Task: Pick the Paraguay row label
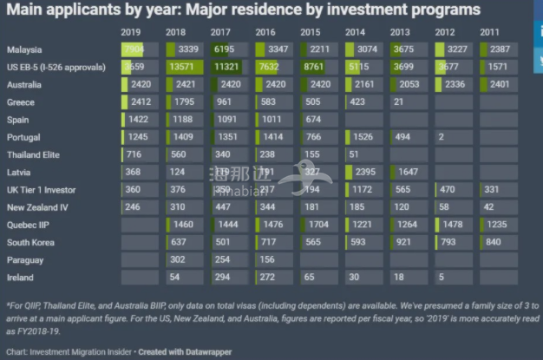(x=26, y=259)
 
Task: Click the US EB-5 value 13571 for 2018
(x=187, y=67)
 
